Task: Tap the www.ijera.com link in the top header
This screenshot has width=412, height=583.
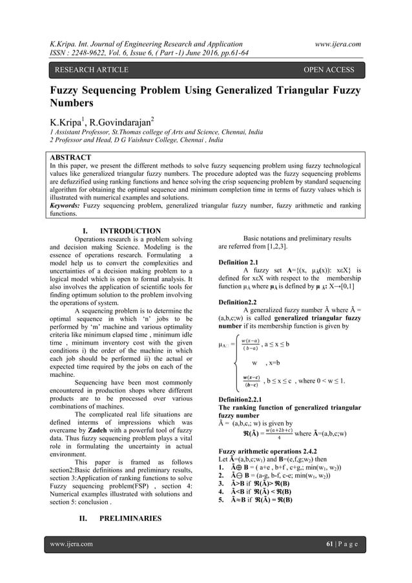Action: coord(334,44)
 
